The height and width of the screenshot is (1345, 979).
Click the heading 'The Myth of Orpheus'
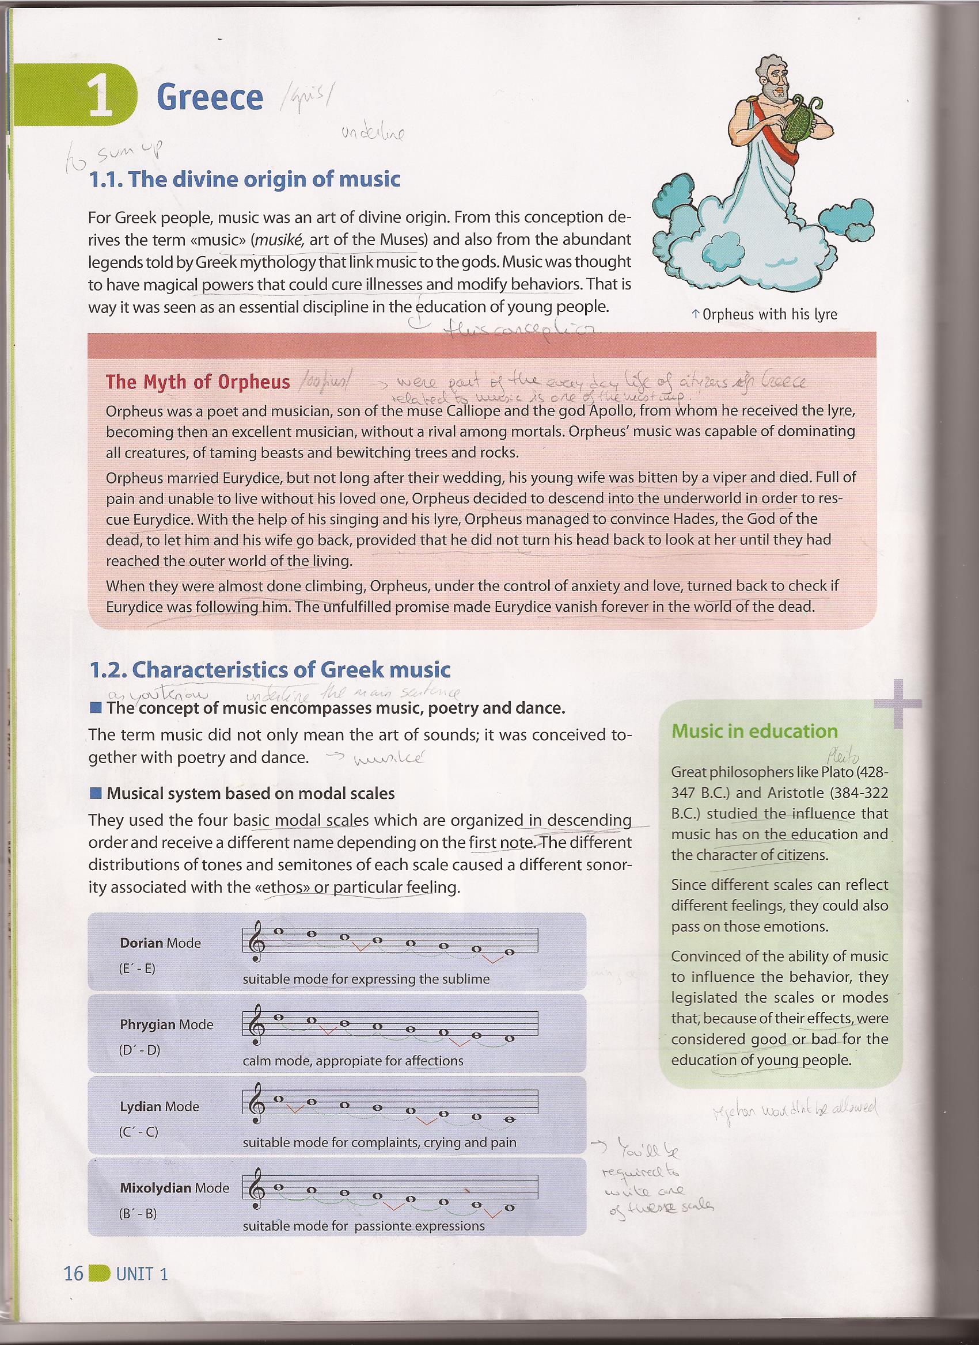(198, 382)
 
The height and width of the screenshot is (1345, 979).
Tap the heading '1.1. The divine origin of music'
(244, 179)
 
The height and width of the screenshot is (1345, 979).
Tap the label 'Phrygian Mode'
(166, 1024)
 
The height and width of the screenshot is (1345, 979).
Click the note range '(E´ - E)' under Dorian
(137, 969)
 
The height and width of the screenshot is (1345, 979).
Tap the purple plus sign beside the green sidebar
(897, 703)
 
